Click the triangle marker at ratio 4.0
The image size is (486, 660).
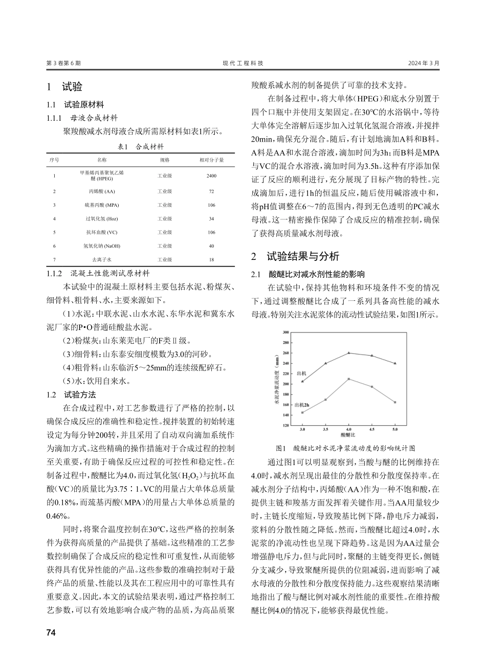(x=348, y=353)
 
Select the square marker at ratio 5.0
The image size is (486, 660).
(x=395, y=402)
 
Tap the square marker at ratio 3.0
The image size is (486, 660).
(x=302, y=412)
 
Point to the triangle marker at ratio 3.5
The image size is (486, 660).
(x=325, y=363)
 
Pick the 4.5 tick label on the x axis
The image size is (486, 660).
(x=372, y=429)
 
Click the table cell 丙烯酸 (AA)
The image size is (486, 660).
(x=102, y=191)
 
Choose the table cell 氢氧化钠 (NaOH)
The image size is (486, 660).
(x=102, y=246)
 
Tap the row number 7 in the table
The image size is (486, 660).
(x=54, y=259)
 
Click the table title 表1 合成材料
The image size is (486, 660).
(x=141, y=146)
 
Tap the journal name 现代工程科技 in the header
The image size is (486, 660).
(x=243, y=63)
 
